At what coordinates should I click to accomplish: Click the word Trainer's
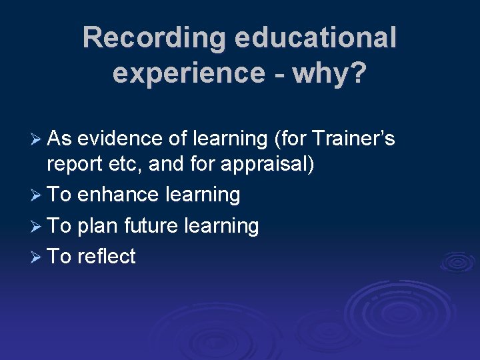click(354, 139)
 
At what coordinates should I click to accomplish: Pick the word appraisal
click(265, 165)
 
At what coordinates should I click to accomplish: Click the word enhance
click(117, 195)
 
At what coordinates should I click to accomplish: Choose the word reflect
click(107, 257)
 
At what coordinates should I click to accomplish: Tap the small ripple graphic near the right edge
click(457, 261)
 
